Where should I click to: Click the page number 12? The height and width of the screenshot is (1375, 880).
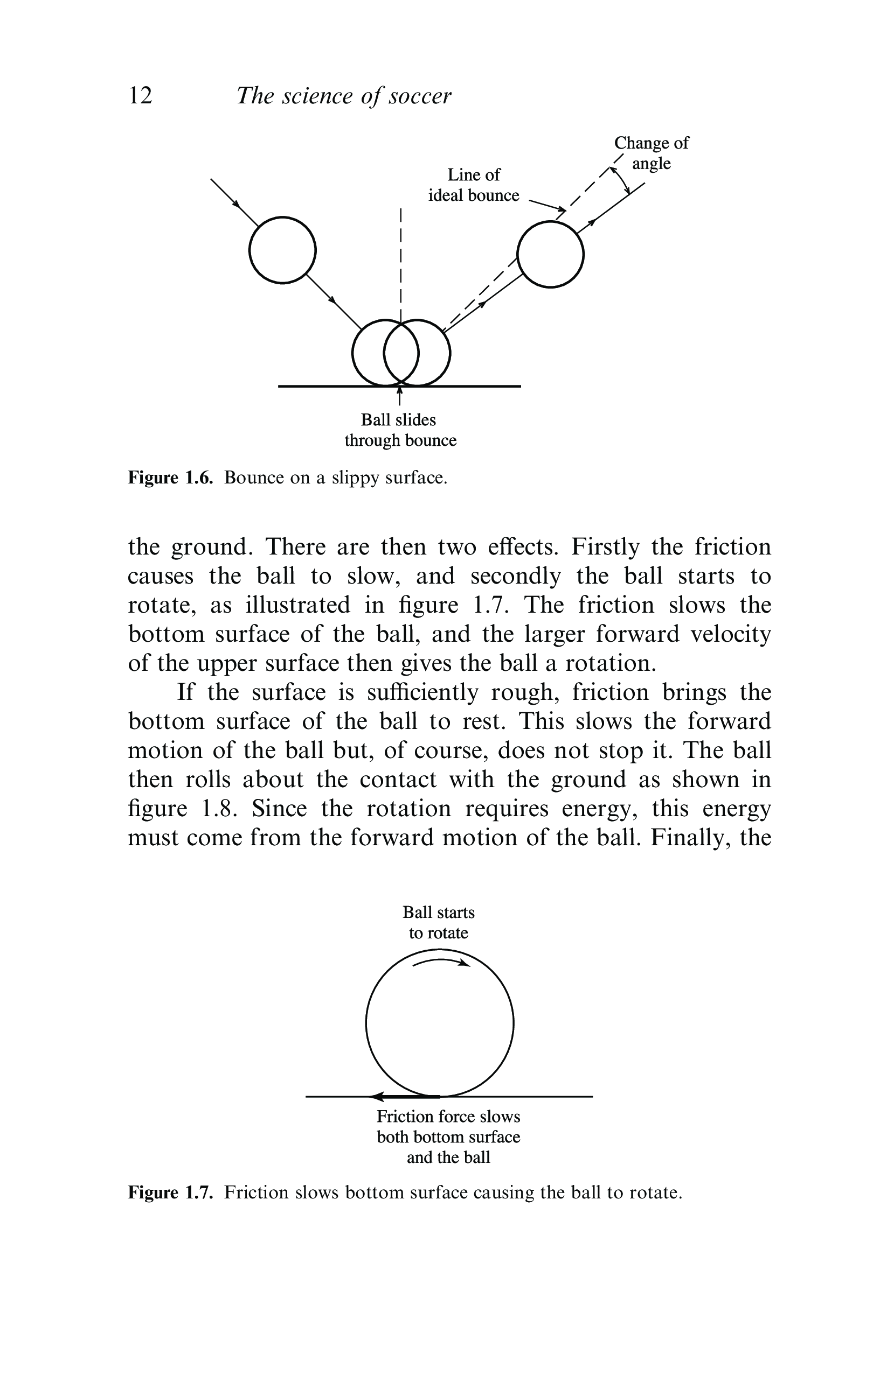141,95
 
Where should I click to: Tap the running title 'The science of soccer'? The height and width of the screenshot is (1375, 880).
343,96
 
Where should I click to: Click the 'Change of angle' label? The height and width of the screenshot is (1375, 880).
651,153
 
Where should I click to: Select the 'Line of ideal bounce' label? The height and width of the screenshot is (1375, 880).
474,185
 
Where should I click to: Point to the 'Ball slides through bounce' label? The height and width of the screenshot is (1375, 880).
399,430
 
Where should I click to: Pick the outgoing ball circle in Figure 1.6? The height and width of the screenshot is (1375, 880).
550,254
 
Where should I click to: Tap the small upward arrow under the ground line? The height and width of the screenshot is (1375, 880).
399,395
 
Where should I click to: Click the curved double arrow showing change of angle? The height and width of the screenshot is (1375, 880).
623,179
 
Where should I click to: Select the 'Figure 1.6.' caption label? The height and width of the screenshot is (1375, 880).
170,478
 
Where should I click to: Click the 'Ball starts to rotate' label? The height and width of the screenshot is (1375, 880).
438,922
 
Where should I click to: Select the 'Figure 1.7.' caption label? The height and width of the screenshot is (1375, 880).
170,1192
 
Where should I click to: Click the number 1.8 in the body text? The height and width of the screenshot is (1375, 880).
219,809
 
